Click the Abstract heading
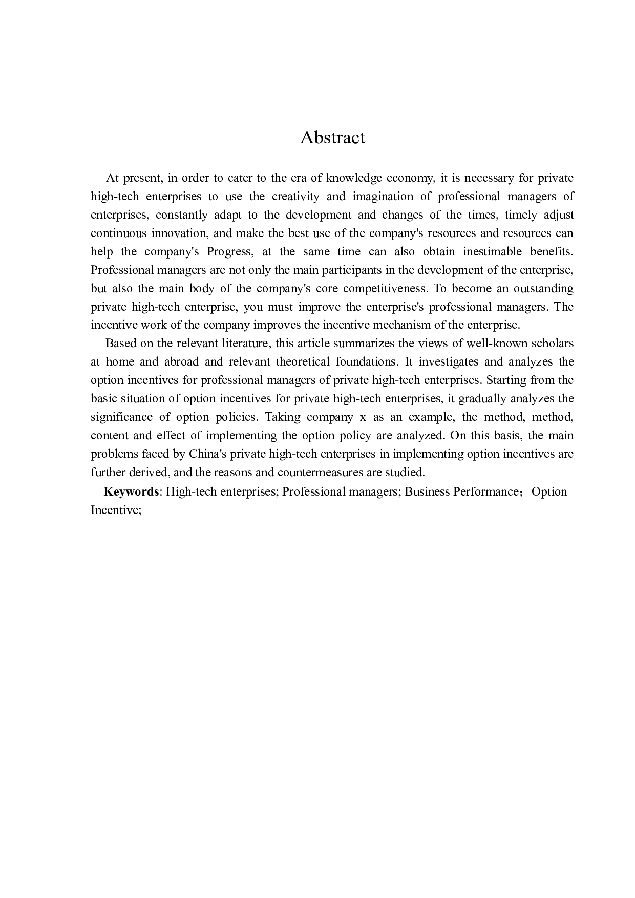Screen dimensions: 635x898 click(332, 137)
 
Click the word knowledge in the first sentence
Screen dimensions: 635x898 click(354, 178)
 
